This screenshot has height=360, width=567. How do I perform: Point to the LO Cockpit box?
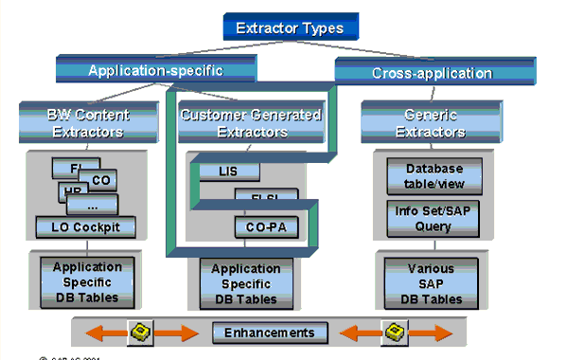pyautogui.click(x=86, y=226)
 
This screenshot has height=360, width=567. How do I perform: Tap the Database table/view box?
pyautogui.click(x=427, y=175)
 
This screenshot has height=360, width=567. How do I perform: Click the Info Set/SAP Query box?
pyautogui.click(x=427, y=219)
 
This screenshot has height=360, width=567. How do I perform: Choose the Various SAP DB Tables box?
pyautogui.click(x=427, y=282)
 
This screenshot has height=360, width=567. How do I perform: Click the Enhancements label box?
pyautogui.click(x=270, y=333)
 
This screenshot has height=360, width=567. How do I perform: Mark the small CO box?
pyautogui.click(x=101, y=180)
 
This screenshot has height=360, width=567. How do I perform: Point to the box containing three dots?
pyautogui.click(x=91, y=204)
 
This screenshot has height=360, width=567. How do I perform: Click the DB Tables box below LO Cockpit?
pyautogui.click(x=86, y=282)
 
